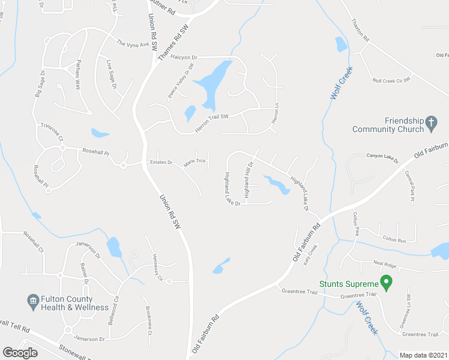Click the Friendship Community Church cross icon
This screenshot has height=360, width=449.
[430, 124]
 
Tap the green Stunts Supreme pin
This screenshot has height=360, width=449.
[387, 282]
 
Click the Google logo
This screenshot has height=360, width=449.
[20, 353]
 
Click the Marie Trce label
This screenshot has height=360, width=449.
[194, 163]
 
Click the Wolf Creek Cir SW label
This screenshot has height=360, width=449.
[391, 80]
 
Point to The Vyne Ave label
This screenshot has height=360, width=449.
[132, 43]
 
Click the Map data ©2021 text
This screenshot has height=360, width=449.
[423, 355]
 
